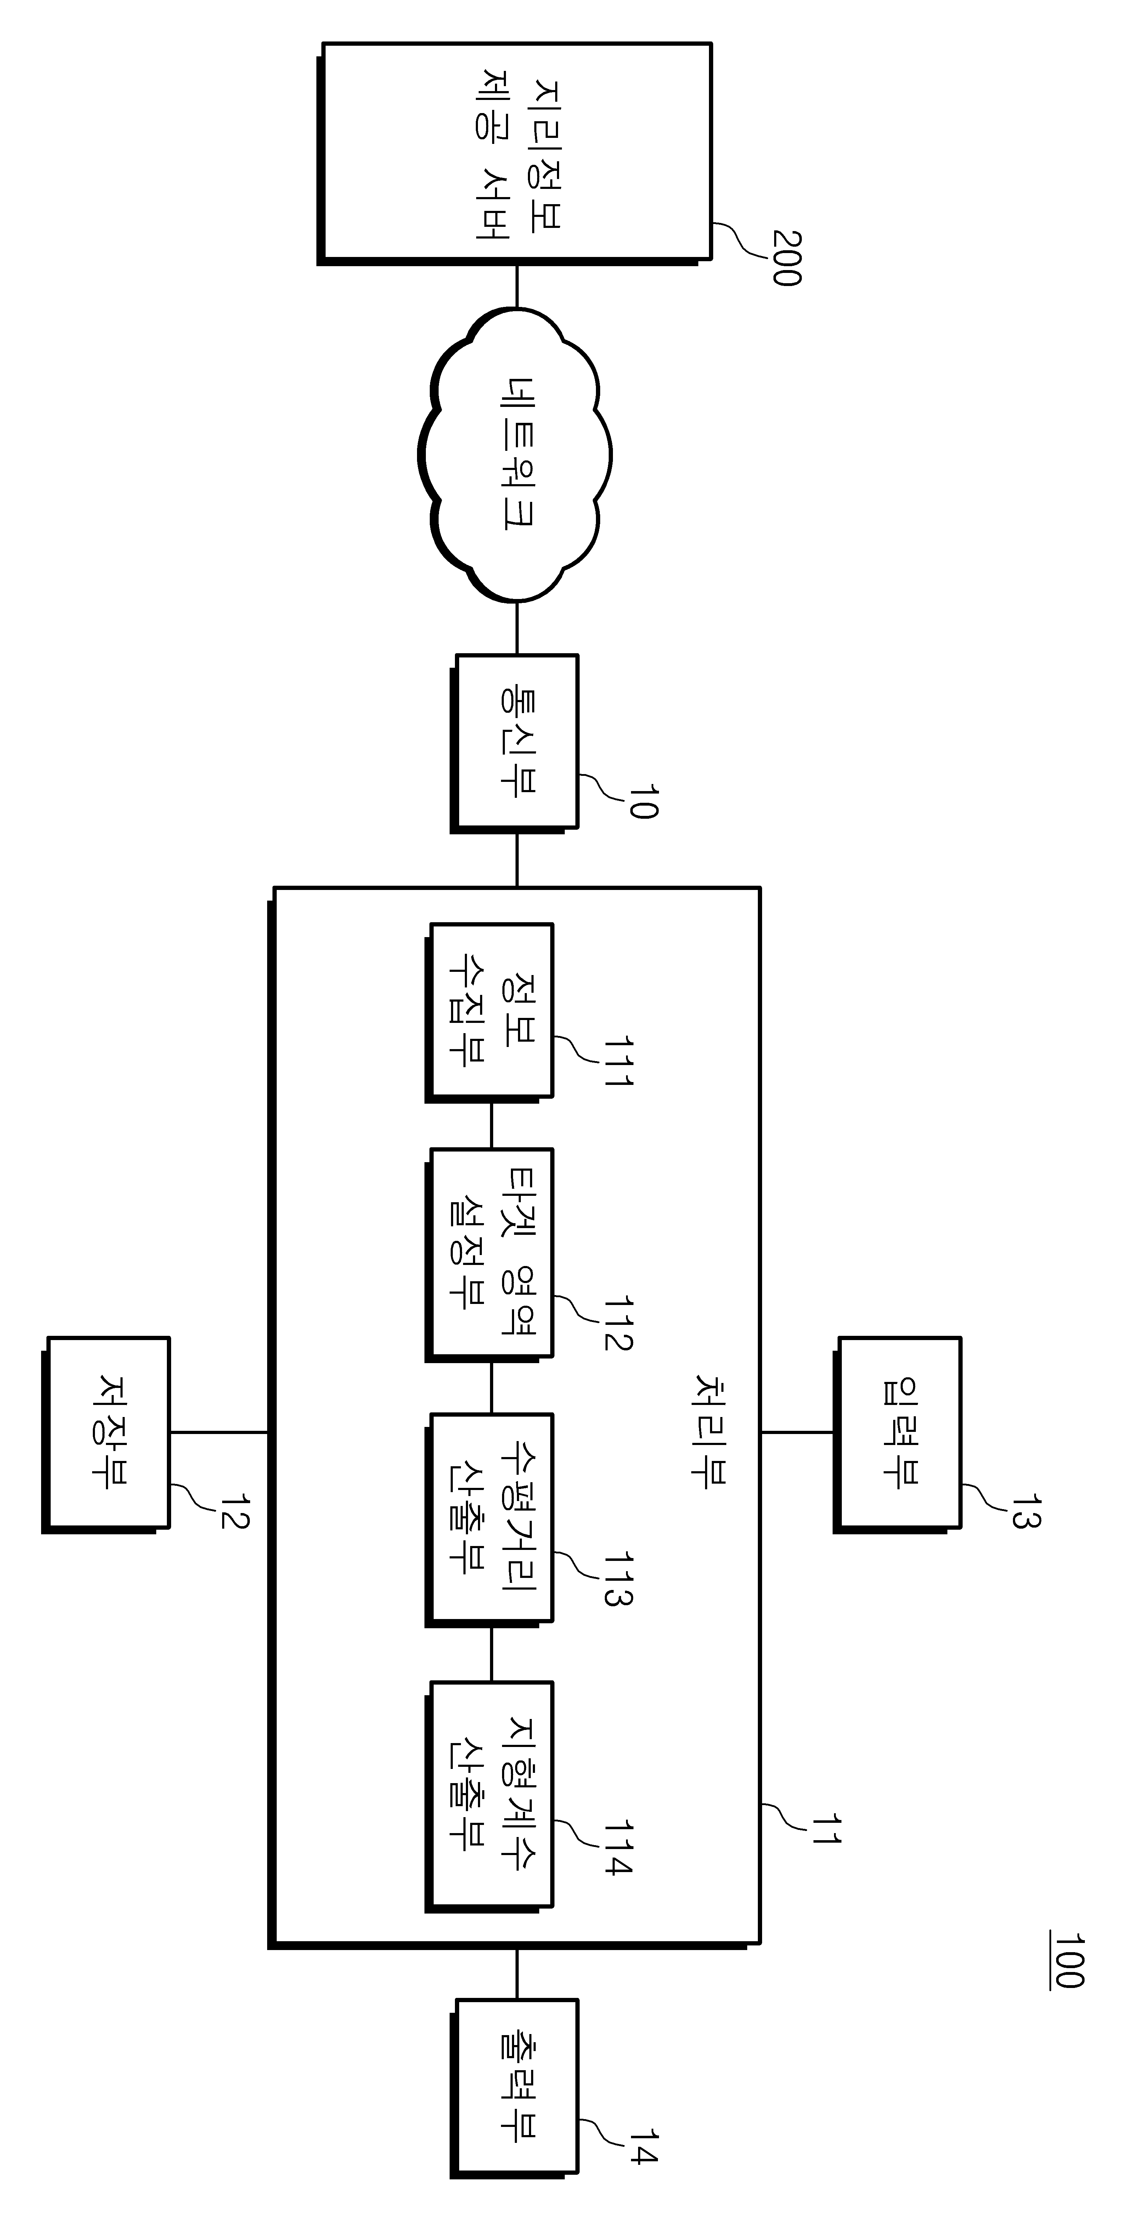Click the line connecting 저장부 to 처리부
pyautogui.click(x=220, y=1433)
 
